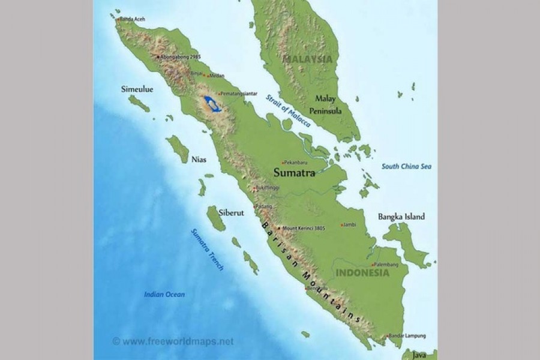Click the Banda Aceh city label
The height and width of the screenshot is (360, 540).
coord(133,19)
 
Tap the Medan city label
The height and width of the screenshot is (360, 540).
coord(217,76)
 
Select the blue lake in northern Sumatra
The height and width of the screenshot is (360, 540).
coord(211,103)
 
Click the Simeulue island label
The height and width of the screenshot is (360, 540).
coord(137,89)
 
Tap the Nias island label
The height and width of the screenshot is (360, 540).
coord(199,160)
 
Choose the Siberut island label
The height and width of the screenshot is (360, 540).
coord(231,212)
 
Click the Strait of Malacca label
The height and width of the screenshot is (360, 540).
coord(289,111)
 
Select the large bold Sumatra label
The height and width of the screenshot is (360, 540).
coord(294,173)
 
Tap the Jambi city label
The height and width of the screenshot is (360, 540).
coord(350,225)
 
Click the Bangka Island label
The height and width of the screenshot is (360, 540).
coord(401,217)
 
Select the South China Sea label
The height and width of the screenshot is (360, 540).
coord(407,166)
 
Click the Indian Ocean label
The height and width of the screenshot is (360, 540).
coord(164,294)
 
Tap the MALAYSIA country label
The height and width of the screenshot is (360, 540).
coord(307,59)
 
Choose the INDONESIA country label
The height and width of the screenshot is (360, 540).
coord(362,273)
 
